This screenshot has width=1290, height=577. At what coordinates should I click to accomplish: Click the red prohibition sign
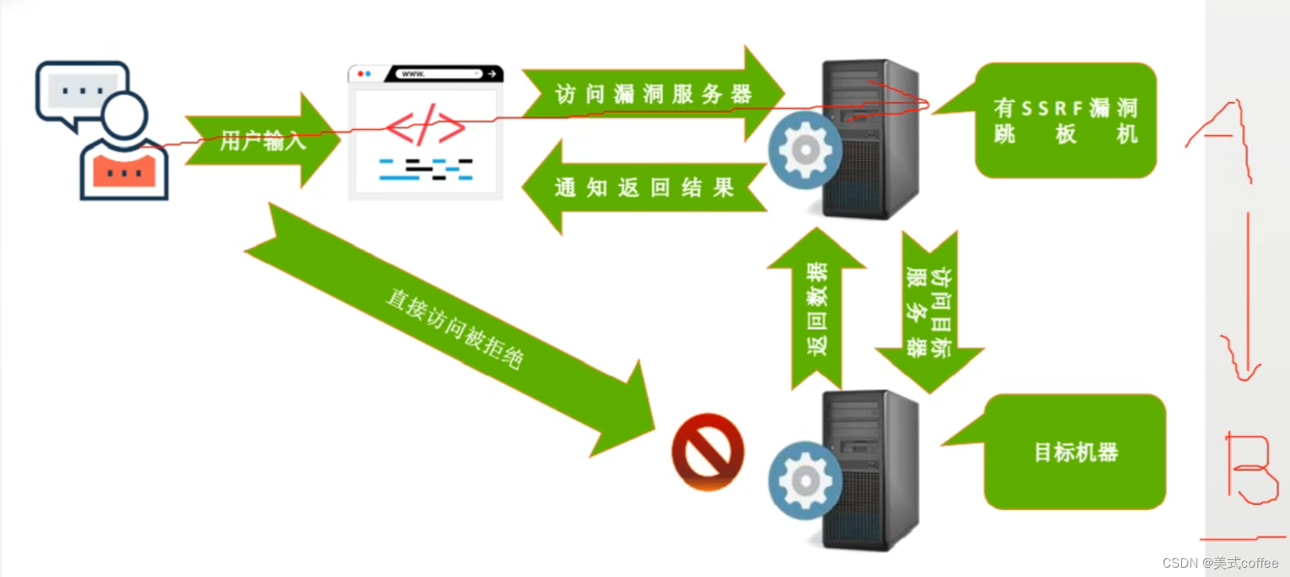tap(707, 452)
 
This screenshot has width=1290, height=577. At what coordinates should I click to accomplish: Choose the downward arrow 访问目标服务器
tap(929, 311)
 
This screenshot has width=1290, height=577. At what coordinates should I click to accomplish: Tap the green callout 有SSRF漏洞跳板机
tap(1065, 121)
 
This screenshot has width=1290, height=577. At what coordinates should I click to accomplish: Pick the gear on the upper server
tap(805, 150)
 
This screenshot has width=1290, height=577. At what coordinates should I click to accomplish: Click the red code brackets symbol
tap(425, 125)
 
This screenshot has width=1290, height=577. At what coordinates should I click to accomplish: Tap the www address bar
tap(439, 74)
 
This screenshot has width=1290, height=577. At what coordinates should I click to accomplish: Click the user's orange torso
tap(124, 171)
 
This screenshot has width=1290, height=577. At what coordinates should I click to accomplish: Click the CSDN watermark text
tap(1220, 563)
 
